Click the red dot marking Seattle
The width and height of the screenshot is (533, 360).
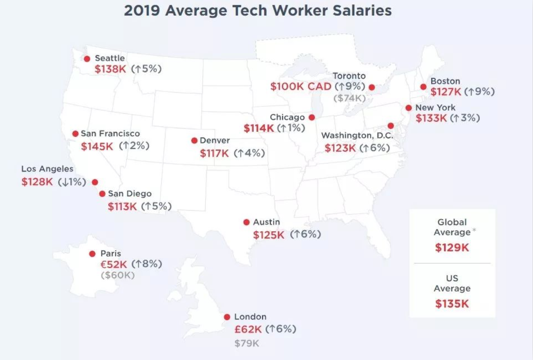[x=87, y=59]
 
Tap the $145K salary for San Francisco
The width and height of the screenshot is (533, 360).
[x=97, y=146]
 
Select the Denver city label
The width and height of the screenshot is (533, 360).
[x=215, y=141]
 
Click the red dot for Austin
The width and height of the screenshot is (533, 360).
[x=246, y=222]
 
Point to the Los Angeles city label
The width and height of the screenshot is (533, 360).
[x=47, y=169]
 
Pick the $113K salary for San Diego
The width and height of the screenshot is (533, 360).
[x=122, y=206]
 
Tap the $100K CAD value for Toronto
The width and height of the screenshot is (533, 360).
[x=301, y=86]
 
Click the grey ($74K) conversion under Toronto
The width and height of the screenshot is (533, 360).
[x=349, y=98]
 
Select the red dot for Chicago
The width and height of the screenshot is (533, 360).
[x=312, y=117]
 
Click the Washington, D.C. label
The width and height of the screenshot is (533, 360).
[x=357, y=136]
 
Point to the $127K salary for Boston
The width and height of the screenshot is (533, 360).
[x=446, y=92]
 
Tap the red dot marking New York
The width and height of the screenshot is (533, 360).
[x=409, y=108]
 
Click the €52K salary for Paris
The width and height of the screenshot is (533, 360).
[x=114, y=264]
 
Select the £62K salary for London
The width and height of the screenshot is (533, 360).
[x=248, y=329]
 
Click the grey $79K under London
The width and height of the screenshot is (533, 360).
[x=247, y=343]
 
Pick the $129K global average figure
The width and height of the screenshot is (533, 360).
[x=452, y=247]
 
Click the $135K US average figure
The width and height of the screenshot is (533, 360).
[x=452, y=304]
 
